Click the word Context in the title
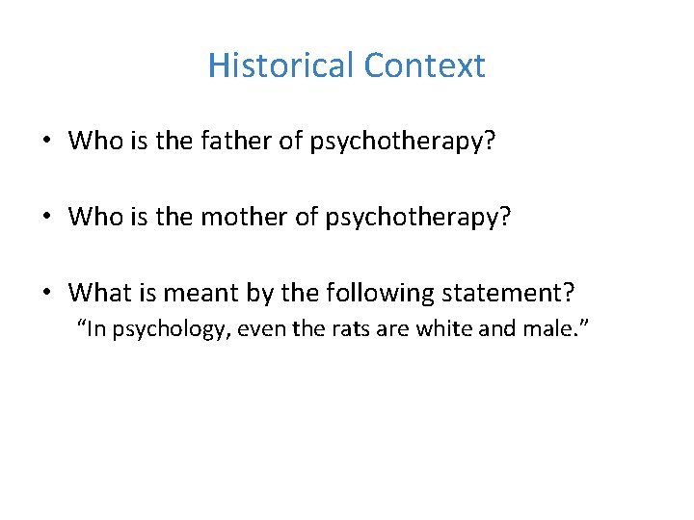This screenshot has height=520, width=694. point(425,65)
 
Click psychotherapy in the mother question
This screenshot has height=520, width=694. point(414,217)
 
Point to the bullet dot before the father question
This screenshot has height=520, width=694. point(46,143)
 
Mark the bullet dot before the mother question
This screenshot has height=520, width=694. point(46,218)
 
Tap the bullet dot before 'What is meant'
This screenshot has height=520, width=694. point(46,293)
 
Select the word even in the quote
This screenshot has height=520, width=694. point(255,330)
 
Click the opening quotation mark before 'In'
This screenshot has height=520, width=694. point(81,325)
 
